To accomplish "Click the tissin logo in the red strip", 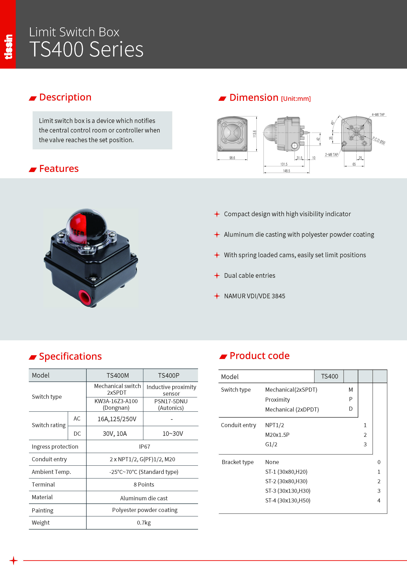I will pos(8,47).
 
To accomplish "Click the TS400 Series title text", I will pos(86,49).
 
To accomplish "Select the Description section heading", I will pos(65,97).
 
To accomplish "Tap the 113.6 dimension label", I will pos(255,134).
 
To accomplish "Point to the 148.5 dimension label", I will pos(286,171).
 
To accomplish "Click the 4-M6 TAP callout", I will pos(378,115).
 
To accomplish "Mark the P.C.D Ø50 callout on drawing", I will pos(379,141).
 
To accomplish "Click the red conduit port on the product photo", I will pos(85,297).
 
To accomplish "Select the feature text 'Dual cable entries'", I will pos(250,275).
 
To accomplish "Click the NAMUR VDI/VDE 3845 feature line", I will pos(255,296).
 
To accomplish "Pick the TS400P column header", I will pos(168,375).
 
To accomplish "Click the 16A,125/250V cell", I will pos(117,419).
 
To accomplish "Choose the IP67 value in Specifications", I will pos(145,446).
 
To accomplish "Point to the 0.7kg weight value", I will pos(144,522).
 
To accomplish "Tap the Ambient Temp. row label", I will pos(51,472).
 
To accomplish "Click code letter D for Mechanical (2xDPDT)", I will pos(351,409).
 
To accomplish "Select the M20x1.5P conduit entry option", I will pos(277,435).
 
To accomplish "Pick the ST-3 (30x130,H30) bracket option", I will pos(288,491).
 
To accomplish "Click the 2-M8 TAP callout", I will pos(331,154).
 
